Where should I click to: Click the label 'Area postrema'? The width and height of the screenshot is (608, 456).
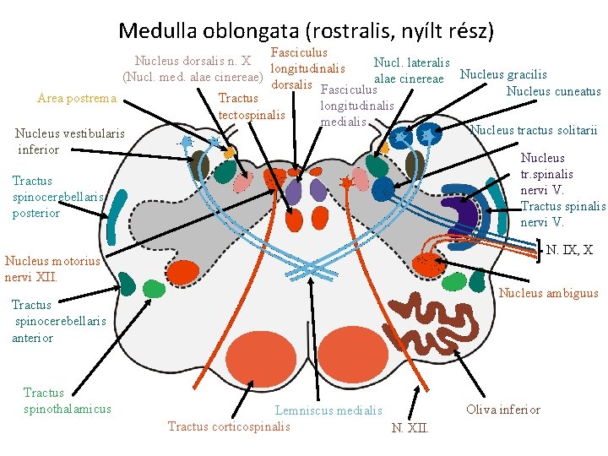(x=77, y=99)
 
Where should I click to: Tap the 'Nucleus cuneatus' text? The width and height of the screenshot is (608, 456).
(x=553, y=91)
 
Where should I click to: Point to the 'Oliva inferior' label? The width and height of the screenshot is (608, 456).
(x=502, y=410)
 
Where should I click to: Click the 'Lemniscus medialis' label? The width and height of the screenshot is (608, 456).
(x=328, y=410)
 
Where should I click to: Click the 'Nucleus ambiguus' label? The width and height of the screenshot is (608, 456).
(x=549, y=294)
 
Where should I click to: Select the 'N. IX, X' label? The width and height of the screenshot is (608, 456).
(x=569, y=250)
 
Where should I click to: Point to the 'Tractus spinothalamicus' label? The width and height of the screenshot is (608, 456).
(x=67, y=400)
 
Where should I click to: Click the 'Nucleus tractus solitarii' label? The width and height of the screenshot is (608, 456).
(x=533, y=130)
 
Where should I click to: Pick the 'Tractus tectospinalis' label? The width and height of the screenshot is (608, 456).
(x=252, y=106)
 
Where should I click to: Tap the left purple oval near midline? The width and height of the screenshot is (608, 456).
(x=293, y=193)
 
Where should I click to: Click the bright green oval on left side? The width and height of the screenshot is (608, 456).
(x=154, y=289)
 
